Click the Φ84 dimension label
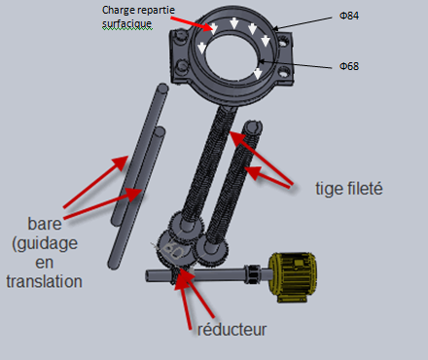[349, 16]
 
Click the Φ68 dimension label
[349, 66]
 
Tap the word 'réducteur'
[232, 330]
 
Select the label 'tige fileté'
[349, 189]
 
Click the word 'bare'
[45, 224]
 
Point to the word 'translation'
[44, 281]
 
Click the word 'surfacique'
[127, 23]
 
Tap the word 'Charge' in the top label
[116, 11]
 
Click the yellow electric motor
[293, 276]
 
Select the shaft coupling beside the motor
[253, 274]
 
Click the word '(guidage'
[45, 243]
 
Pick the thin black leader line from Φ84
[303, 23]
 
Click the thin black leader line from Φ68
[295, 64]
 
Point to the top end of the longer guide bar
[162, 89]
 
